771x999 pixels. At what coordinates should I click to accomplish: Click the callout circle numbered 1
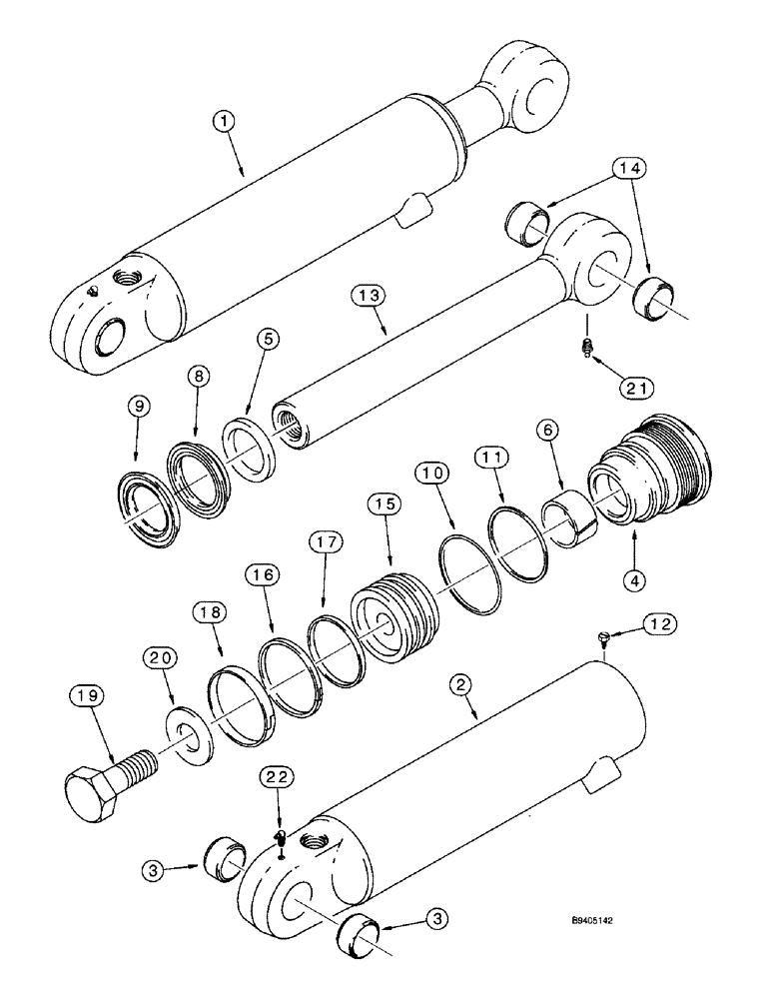click(226, 120)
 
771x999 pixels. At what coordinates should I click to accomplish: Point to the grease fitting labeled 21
click(588, 346)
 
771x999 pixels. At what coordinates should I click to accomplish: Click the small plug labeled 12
click(602, 635)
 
